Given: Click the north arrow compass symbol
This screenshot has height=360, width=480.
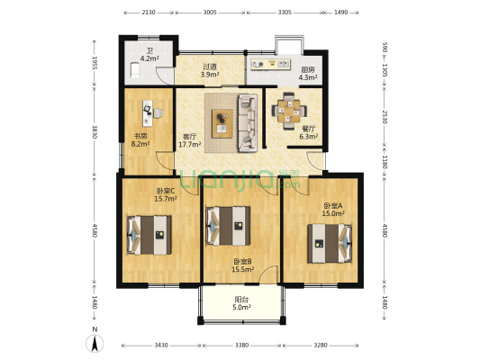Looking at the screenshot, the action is click(x=95, y=343).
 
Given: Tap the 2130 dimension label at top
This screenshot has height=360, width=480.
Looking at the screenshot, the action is click(x=149, y=13).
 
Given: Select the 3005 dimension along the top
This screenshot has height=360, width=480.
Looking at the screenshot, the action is click(x=210, y=13).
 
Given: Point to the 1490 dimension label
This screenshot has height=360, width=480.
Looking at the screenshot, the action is click(x=340, y=13).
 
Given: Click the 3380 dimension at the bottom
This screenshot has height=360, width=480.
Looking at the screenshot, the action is click(x=241, y=346).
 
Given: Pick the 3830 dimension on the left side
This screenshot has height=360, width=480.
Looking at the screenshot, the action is click(x=95, y=131).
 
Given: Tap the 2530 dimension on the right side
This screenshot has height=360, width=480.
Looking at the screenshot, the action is click(x=385, y=116).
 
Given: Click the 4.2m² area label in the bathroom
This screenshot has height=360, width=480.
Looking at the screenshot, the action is click(x=149, y=58).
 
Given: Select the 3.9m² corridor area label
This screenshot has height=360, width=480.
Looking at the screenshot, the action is click(x=210, y=74).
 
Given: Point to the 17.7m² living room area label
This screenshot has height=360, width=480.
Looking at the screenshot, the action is click(x=190, y=144).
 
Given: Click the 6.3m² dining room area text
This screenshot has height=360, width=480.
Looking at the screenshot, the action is click(x=309, y=137).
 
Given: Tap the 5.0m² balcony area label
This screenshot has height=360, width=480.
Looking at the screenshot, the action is click(x=242, y=307).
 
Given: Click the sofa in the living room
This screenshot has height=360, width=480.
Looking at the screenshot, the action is click(x=248, y=123).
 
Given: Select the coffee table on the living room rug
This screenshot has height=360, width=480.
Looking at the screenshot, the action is click(x=222, y=123).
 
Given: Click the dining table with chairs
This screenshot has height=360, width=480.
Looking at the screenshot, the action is click(x=289, y=111).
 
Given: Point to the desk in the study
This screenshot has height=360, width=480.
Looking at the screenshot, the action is click(x=148, y=113).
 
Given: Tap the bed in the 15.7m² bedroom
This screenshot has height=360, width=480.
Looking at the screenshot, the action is click(x=149, y=235).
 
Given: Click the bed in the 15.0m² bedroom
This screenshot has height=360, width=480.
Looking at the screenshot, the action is click(x=330, y=244).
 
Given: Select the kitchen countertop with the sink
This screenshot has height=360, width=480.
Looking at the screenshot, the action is click(x=270, y=64).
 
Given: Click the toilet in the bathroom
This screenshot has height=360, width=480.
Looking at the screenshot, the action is click(x=135, y=69).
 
